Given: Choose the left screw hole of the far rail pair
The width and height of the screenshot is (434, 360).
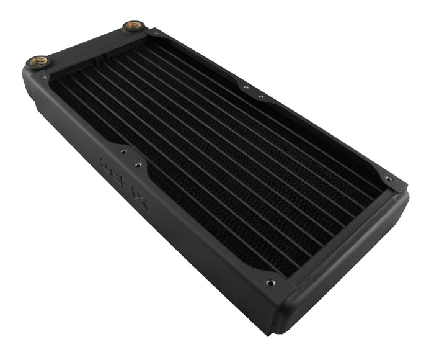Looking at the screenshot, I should (246, 88).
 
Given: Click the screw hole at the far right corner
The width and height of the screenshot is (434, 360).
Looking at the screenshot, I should (390, 179).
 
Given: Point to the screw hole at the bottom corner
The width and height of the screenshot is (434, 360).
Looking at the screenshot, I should (271, 283).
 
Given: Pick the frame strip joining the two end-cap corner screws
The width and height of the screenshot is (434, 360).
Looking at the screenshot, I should (335, 233).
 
